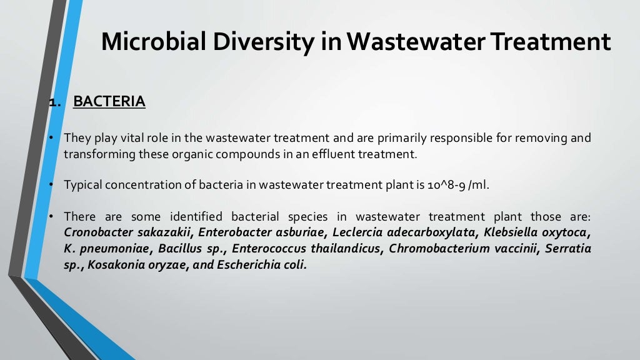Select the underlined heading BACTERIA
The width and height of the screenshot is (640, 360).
[109, 101]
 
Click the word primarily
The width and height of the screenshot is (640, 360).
[412, 137]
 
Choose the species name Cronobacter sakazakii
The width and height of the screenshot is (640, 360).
[126, 233]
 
